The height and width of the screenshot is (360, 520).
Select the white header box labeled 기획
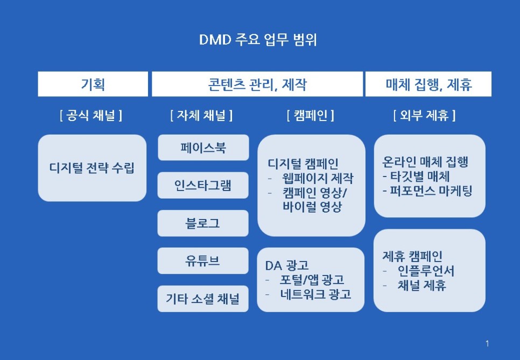click(x=93, y=84)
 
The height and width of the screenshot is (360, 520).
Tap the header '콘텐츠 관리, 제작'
click(x=257, y=84)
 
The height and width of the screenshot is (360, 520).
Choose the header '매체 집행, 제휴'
click(x=428, y=84)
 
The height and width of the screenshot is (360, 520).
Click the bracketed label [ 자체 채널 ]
click(x=201, y=115)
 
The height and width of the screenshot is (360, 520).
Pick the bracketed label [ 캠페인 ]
click(x=311, y=115)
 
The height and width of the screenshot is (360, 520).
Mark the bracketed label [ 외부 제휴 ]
click(x=424, y=115)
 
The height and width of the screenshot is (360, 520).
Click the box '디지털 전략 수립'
click(x=92, y=168)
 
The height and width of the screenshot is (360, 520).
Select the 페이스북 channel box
click(x=203, y=147)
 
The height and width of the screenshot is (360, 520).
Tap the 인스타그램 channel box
click(x=203, y=186)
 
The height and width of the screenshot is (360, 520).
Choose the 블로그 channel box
click(x=203, y=223)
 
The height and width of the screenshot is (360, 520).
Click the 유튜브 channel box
click(x=203, y=261)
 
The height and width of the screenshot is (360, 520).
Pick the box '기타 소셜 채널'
click(x=203, y=299)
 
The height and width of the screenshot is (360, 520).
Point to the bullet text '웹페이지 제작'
click(x=318, y=178)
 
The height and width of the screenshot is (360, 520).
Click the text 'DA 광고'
click(x=286, y=265)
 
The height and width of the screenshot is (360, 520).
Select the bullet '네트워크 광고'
click(x=315, y=294)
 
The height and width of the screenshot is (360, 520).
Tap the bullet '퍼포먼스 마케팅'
click(x=431, y=190)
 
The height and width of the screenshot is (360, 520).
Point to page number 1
click(x=487, y=343)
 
